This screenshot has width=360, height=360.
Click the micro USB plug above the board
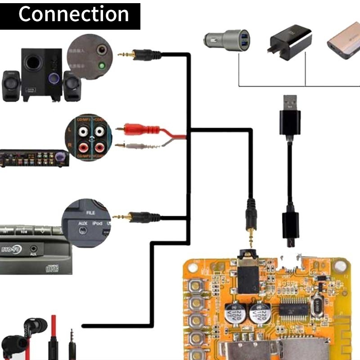tap(290, 229)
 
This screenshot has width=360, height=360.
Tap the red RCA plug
tap(135, 129)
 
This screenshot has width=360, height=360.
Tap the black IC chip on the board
tap(293, 309)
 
